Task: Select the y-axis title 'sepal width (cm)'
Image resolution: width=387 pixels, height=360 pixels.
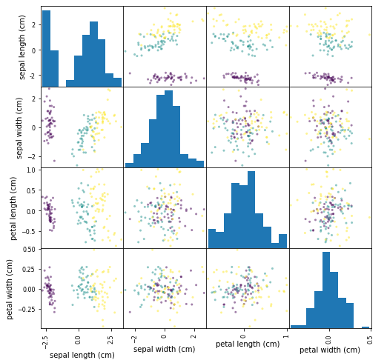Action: [23, 127]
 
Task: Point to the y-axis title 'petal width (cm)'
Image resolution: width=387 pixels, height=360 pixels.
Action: [8, 289]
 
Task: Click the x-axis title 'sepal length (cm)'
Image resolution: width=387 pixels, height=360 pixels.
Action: [82, 355]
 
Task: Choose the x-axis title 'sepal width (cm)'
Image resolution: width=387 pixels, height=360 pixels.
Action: [164, 349]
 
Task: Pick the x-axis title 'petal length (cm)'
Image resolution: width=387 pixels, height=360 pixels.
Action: [246, 344]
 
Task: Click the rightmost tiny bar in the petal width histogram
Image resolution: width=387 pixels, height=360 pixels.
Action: [365, 327]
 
